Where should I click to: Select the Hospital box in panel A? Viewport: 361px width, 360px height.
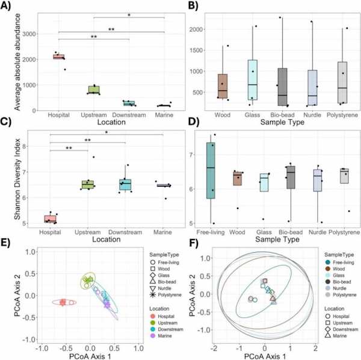click(58, 57)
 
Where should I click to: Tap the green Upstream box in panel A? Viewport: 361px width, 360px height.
click(93, 90)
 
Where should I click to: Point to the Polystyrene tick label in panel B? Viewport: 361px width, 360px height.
click(342, 113)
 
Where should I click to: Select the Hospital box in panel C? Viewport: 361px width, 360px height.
click(58, 219)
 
